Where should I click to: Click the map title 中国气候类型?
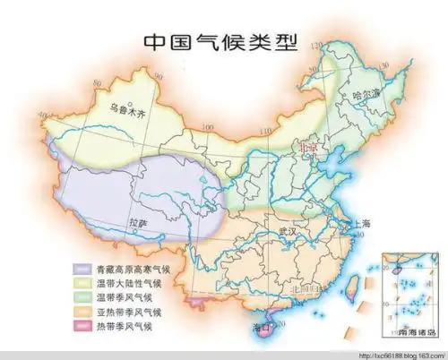pyautogui.click(x=219, y=43)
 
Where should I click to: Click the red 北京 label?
pyautogui.click(x=307, y=145)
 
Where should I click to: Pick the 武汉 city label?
pyautogui.click(x=288, y=230)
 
